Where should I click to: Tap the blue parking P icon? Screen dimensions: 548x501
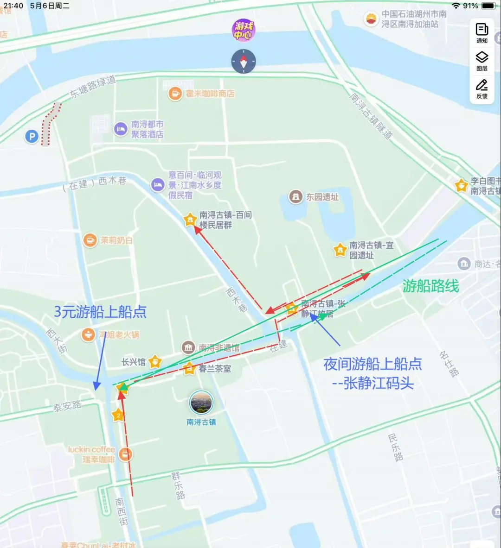[32, 136]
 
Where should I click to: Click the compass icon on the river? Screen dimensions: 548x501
[244, 61]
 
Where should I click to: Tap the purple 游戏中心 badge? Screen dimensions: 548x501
[244, 31]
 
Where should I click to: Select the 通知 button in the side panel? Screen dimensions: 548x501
[482, 32]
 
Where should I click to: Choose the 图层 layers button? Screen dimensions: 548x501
[482, 61]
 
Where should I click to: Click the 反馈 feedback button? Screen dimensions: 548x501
[482, 88]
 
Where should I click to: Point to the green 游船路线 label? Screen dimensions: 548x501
[430, 286]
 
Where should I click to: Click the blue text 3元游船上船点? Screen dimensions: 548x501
[100, 312]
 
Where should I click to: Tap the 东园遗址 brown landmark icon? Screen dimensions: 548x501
[295, 197]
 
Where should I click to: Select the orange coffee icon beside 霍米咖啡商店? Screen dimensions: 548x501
[175, 94]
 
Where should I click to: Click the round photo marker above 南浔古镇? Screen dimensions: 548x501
[201, 403]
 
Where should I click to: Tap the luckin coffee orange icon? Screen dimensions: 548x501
[125, 454]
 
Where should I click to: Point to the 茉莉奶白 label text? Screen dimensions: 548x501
[116, 240]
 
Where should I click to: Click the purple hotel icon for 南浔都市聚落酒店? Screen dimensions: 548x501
[121, 129]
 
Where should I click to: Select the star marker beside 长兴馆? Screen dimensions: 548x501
[155, 362]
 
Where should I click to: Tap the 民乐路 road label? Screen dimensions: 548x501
[395, 447]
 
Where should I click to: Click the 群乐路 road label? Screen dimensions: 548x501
[178, 485]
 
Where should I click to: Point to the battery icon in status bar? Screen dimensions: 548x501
[488, 6]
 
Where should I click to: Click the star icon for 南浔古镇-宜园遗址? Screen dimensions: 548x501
[340, 250]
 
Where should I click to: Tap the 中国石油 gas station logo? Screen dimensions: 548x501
[371, 19]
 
